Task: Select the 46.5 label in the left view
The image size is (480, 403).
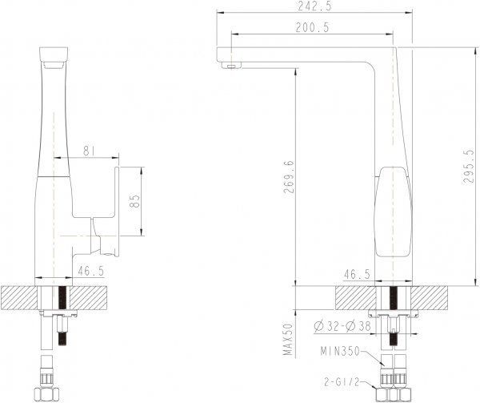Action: (x=90, y=273)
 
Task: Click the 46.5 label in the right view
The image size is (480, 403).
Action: (x=358, y=273)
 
